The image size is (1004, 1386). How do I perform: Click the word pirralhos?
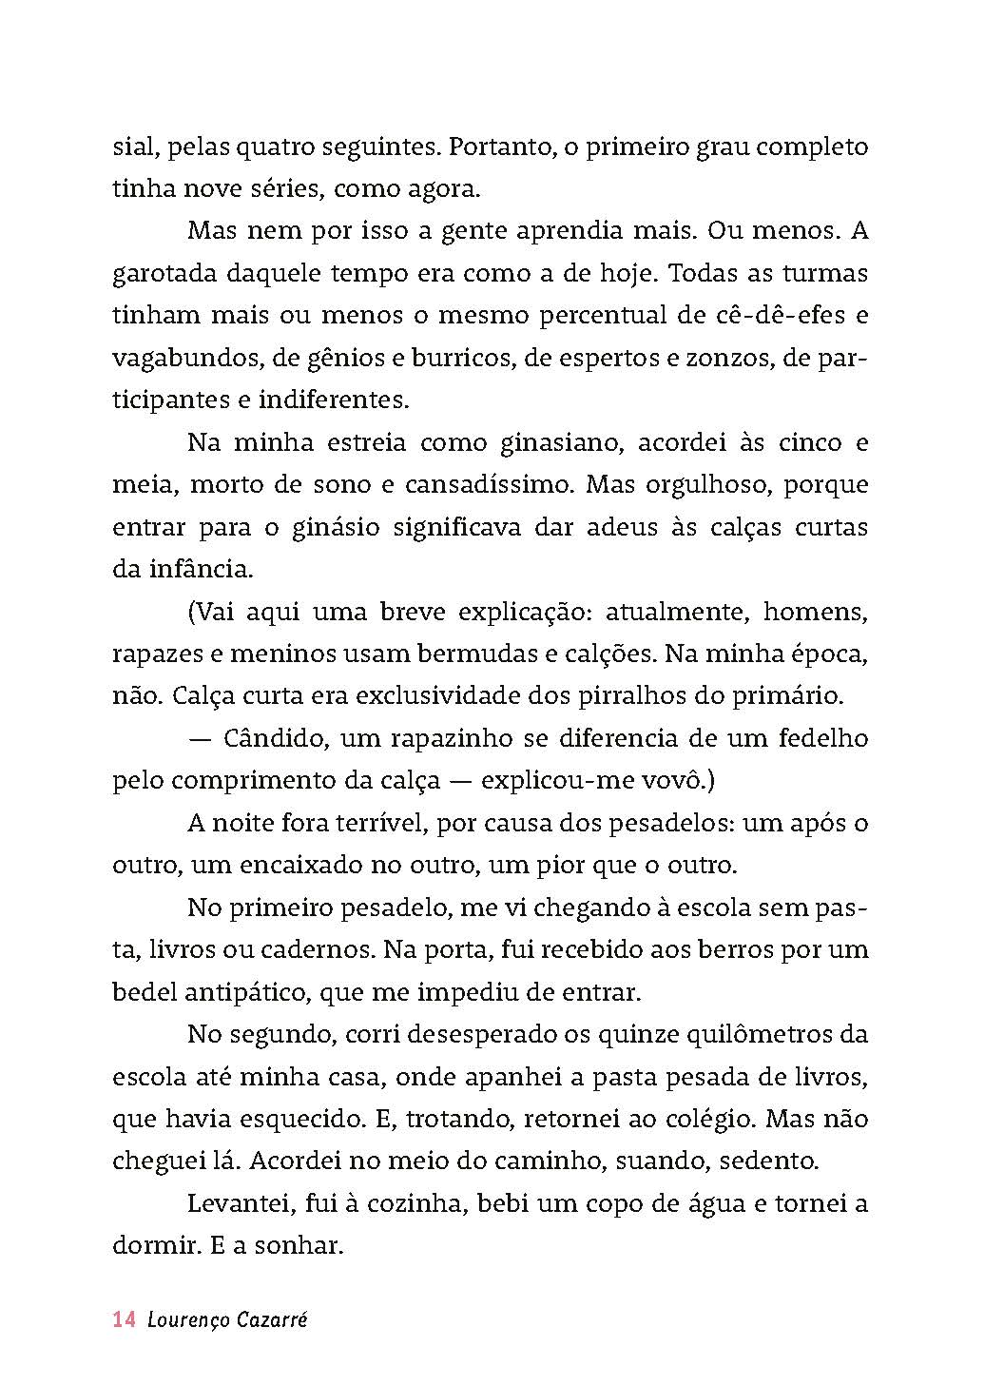(x=629, y=695)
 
